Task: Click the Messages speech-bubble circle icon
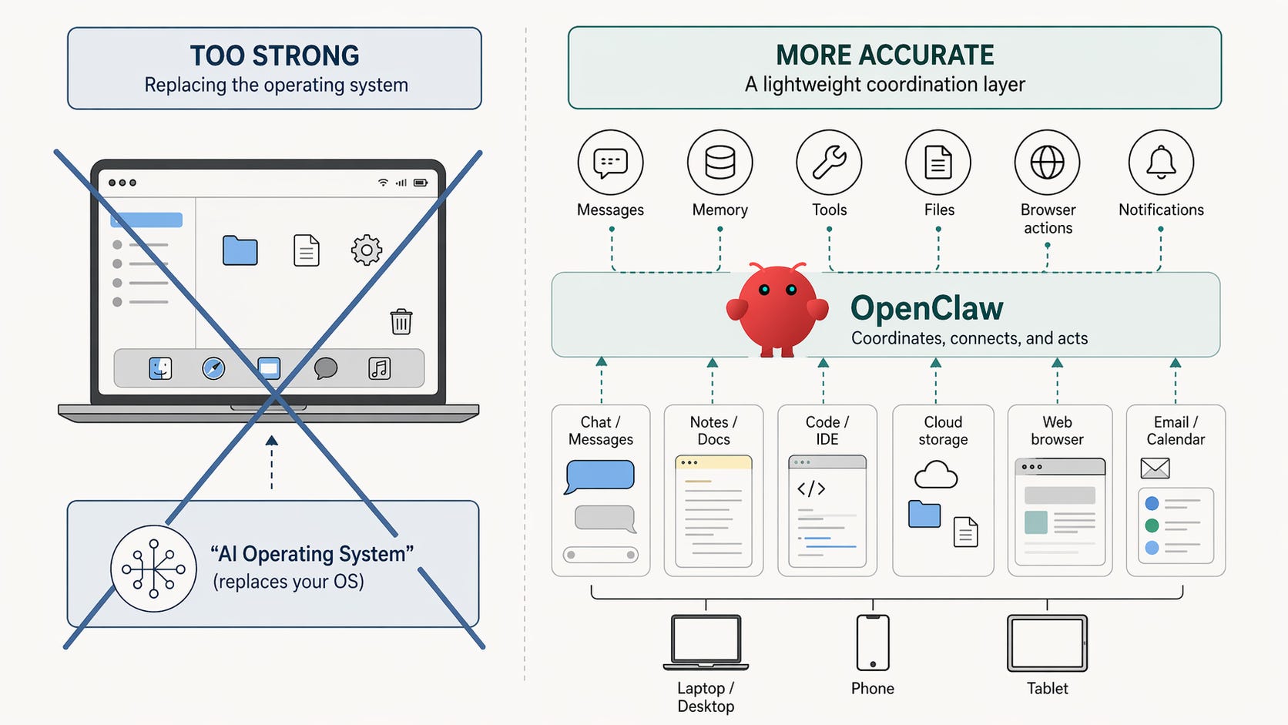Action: (610, 163)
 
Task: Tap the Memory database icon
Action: (719, 163)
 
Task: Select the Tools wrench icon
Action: (829, 163)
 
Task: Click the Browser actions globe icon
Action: (1047, 163)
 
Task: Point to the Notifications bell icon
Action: (1161, 163)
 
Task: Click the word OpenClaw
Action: (927, 308)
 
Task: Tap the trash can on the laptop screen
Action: (401, 321)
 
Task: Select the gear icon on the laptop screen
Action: (367, 250)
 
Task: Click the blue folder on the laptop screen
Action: (240, 250)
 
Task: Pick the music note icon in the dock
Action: (379, 368)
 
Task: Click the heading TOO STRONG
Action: (274, 55)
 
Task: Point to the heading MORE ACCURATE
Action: (884, 55)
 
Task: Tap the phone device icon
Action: (872, 643)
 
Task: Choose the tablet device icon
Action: (1047, 643)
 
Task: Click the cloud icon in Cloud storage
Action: (935, 475)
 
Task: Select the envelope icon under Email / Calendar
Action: (1155, 468)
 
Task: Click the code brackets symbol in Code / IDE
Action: (811, 488)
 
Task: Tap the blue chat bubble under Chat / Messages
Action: (599, 475)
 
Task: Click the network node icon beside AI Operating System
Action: (153, 569)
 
